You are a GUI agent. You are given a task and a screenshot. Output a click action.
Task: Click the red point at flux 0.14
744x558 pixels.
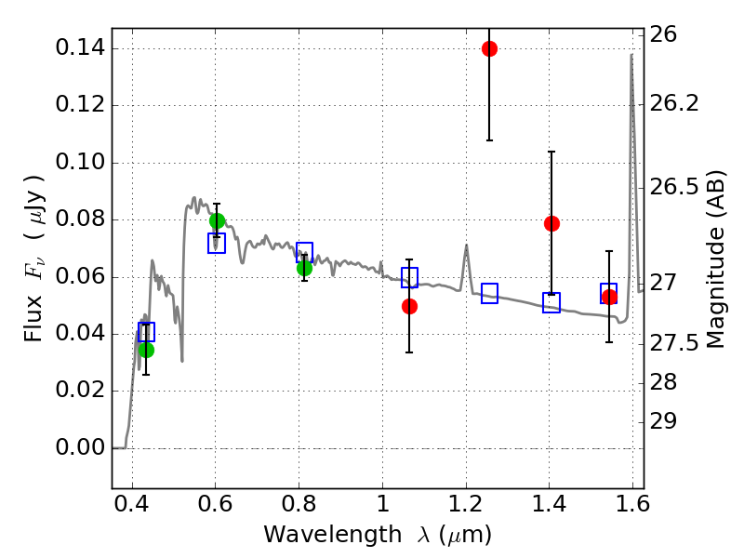489,48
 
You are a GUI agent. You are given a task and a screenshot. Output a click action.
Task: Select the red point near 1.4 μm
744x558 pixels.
551,223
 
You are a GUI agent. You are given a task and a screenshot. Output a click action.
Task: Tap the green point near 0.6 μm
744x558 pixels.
217,221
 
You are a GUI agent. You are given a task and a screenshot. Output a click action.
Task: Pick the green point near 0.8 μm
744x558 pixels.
304,268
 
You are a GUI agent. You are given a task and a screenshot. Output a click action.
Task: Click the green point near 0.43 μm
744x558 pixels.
146,350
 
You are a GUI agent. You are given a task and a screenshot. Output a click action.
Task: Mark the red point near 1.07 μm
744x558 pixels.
409,306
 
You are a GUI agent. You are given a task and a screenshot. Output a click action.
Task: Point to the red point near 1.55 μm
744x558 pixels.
609,297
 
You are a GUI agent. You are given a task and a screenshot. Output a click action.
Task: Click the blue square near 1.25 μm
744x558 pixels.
489,293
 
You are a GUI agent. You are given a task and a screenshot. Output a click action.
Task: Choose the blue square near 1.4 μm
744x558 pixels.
551,302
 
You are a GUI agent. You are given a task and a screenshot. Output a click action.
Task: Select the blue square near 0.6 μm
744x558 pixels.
217,244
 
